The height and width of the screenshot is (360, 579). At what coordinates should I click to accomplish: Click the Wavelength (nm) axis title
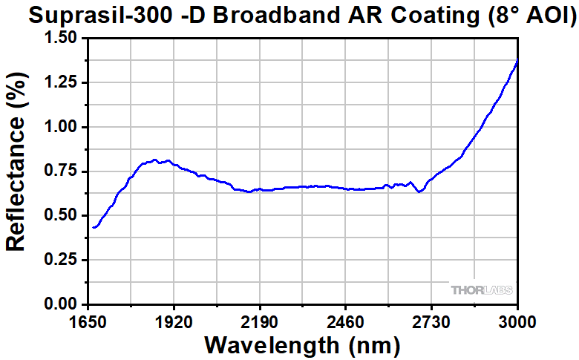click(x=302, y=345)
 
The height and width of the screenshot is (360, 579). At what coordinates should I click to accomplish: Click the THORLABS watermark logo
click(x=482, y=289)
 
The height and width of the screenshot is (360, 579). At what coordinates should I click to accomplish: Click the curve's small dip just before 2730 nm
click(x=420, y=192)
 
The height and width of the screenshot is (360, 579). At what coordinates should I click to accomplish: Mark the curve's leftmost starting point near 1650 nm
click(x=94, y=227)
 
